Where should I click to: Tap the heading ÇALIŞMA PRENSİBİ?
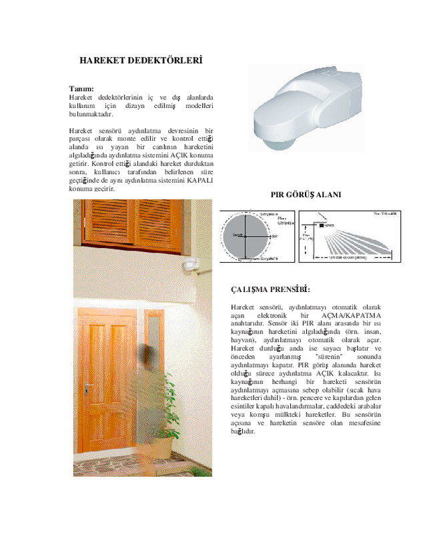tap(270, 290)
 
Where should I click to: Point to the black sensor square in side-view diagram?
tap(321, 227)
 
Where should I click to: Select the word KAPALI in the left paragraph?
tap(200, 181)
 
